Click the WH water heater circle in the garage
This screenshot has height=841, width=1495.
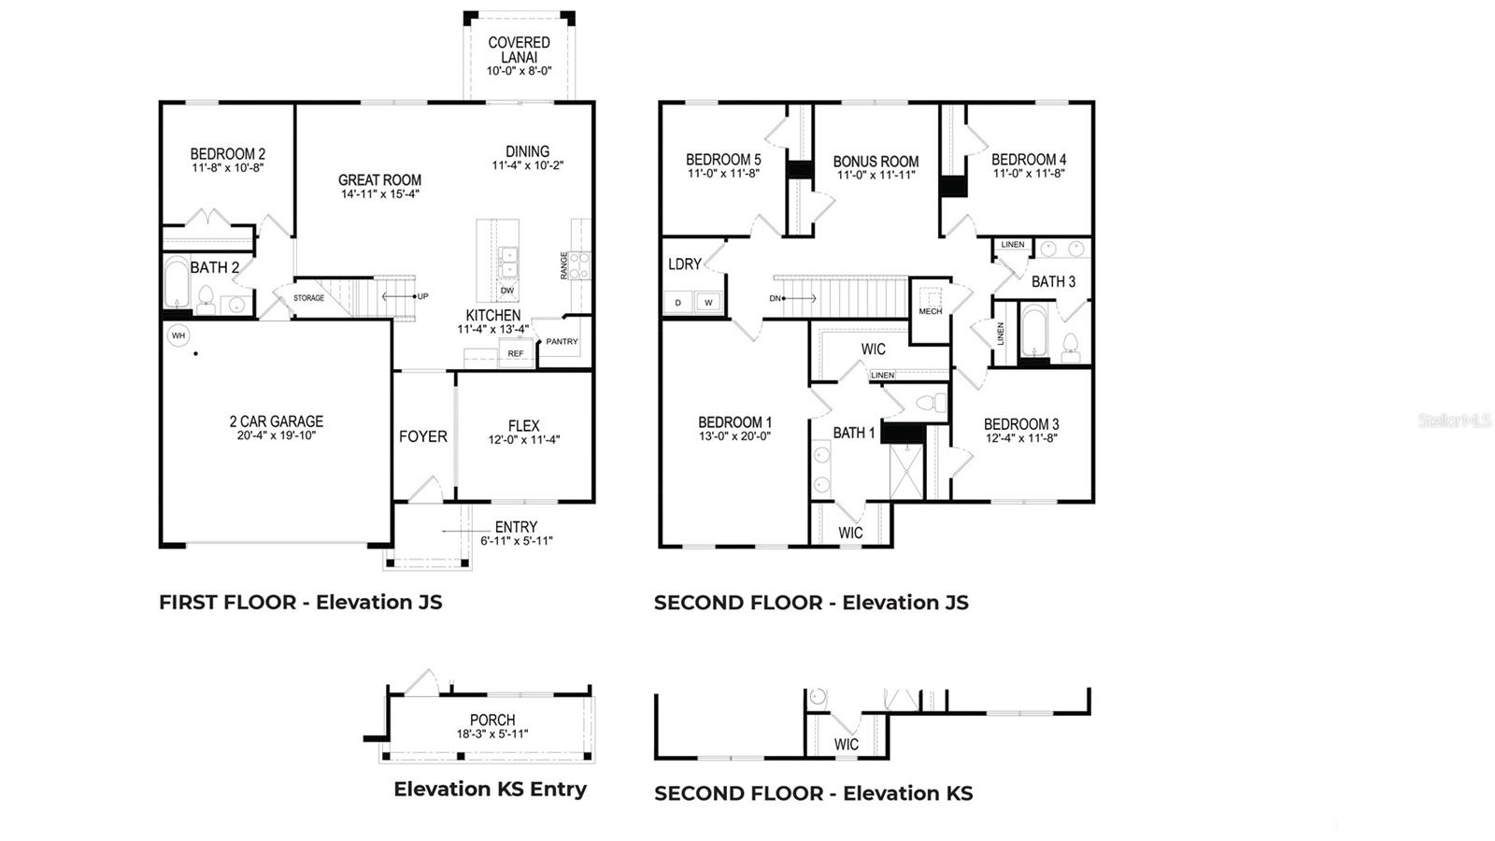click(x=178, y=335)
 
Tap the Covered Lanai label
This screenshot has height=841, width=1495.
click(x=519, y=50)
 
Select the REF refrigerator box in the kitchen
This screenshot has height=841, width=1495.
click(x=516, y=353)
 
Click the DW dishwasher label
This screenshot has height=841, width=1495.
click(x=507, y=291)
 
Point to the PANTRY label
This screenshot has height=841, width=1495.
click(x=562, y=342)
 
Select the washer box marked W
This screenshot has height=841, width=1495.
click(x=708, y=303)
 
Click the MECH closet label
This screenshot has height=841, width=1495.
click(x=931, y=311)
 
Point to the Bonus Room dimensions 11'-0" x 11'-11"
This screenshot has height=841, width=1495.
click(x=876, y=175)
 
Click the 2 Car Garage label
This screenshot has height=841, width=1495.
click(x=277, y=421)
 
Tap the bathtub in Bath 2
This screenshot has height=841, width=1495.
click(x=177, y=283)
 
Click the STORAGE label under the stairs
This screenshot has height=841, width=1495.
click(x=309, y=298)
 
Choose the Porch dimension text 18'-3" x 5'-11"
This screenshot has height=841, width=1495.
click(x=492, y=734)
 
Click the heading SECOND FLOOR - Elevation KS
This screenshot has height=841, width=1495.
click(x=813, y=793)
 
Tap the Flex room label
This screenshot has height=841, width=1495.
click(x=524, y=425)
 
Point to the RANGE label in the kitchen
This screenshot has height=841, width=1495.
click(x=564, y=265)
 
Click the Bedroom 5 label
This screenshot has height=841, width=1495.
click(x=723, y=160)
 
